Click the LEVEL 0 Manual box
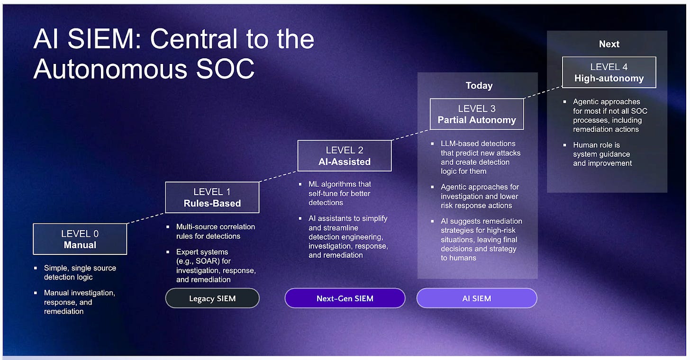pyautogui.click(x=80, y=239)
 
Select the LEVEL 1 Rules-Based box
pyautogui.click(x=212, y=198)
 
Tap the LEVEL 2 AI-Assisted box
pyautogui.click(x=345, y=156)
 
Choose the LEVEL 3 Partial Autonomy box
pyautogui.click(x=477, y=114)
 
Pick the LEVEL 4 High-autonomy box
pyautogui.click(x=609, y=72)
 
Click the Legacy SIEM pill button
pyautogui.click(x=212, y=298)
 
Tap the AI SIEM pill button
pyautogui.click(x=477, y=298)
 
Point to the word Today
pyautogui.click(x=479, y=86)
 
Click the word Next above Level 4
pyautogui.click(x=609, y=44)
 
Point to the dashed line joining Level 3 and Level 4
pyautogui.click(x=543, y=93)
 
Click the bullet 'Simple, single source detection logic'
pyautogui.click(x=80, y=272)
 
